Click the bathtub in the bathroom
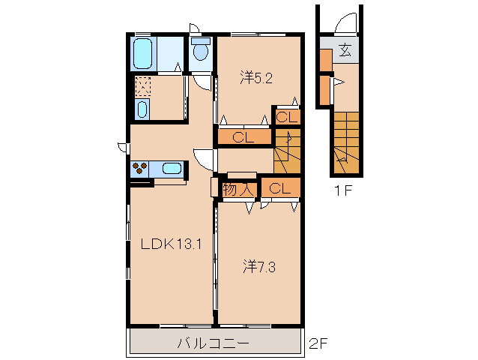point(142,54)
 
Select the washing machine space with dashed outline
point(142,86)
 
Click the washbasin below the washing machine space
point(142,109)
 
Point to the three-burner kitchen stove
point(139,169)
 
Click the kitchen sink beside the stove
point(172,168)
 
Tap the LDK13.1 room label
point(171,244)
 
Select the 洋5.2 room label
point(256,78)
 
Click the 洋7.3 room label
point(259,267)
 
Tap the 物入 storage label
point(238,190)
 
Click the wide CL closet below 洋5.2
point(244,137)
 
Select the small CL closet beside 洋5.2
point(288,117)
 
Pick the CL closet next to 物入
point(281,188)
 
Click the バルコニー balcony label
point(214,343)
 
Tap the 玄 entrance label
point(345,50)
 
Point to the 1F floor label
point(344,191)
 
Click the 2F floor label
point(318,343)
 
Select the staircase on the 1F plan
point(347,142)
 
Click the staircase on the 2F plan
point(287,151)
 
